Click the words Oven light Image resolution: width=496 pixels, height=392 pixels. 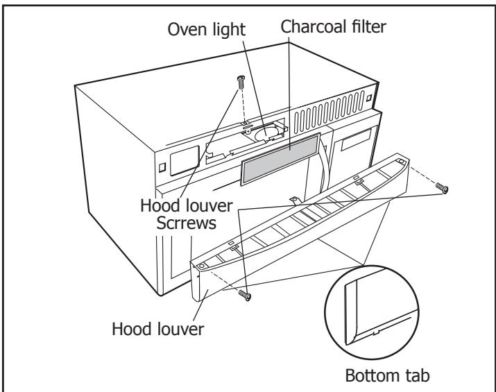tap(206, 30)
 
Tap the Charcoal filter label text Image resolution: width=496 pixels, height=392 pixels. tap(333, 26)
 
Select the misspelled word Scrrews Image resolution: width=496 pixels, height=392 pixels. tap(187, 223)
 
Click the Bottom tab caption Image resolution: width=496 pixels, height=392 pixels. tap(387, 375)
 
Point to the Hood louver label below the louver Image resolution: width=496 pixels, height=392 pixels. tap(158, 329)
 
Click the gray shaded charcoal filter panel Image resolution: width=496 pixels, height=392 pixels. tap(280, 159)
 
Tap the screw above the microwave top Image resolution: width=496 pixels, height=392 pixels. tap(241, 83)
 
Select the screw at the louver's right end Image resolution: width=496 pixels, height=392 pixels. tap(442, 188)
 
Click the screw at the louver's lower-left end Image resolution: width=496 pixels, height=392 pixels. tap(245, 295)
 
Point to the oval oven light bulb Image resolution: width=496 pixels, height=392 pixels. tap(265, 134)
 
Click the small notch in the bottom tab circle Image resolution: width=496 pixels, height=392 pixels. tap(375, 332)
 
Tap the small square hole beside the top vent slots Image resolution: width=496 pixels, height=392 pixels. tap(369, 98)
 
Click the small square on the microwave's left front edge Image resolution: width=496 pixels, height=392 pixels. tap(162, 167)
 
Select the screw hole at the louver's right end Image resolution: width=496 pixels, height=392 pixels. tap(401, 162)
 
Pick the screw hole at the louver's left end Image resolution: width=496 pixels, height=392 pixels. tap(202, 266)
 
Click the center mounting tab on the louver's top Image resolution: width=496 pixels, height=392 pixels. tap(295, 201)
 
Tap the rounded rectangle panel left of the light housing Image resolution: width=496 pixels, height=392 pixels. tap(185, 160)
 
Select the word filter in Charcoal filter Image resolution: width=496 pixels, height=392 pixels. tap(368, 26)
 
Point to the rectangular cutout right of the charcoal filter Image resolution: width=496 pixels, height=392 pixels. tap(356, 139)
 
